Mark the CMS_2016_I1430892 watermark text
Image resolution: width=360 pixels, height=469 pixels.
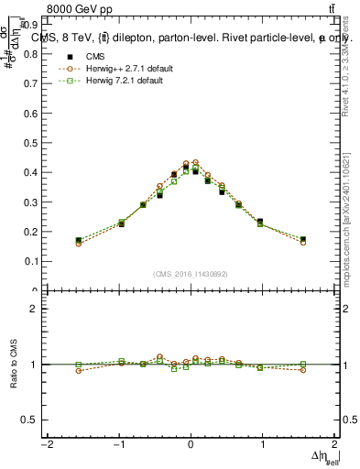191,274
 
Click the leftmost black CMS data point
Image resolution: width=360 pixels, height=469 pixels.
79,240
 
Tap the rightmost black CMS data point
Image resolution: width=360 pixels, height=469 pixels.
302,239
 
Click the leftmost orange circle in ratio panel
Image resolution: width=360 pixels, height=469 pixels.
79,370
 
